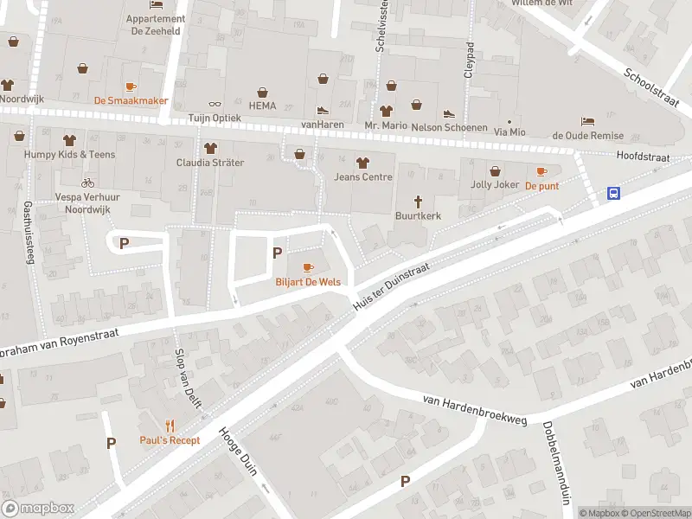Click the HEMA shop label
coord(262,106)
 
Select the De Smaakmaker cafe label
coord(131,100)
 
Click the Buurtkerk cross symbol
coord(418,200)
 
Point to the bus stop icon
coord(613,194)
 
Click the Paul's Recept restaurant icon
coord(170,426)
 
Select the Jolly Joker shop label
coord(494,185)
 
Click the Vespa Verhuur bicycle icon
coord(86,183)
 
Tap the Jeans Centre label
coord(362,177)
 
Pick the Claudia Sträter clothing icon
coord(209,147)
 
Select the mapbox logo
coord(38,509)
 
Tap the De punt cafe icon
coord(542,171)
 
